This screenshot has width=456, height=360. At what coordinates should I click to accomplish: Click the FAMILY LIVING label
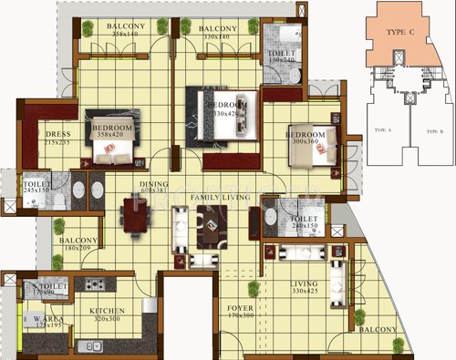coord(219,197)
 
